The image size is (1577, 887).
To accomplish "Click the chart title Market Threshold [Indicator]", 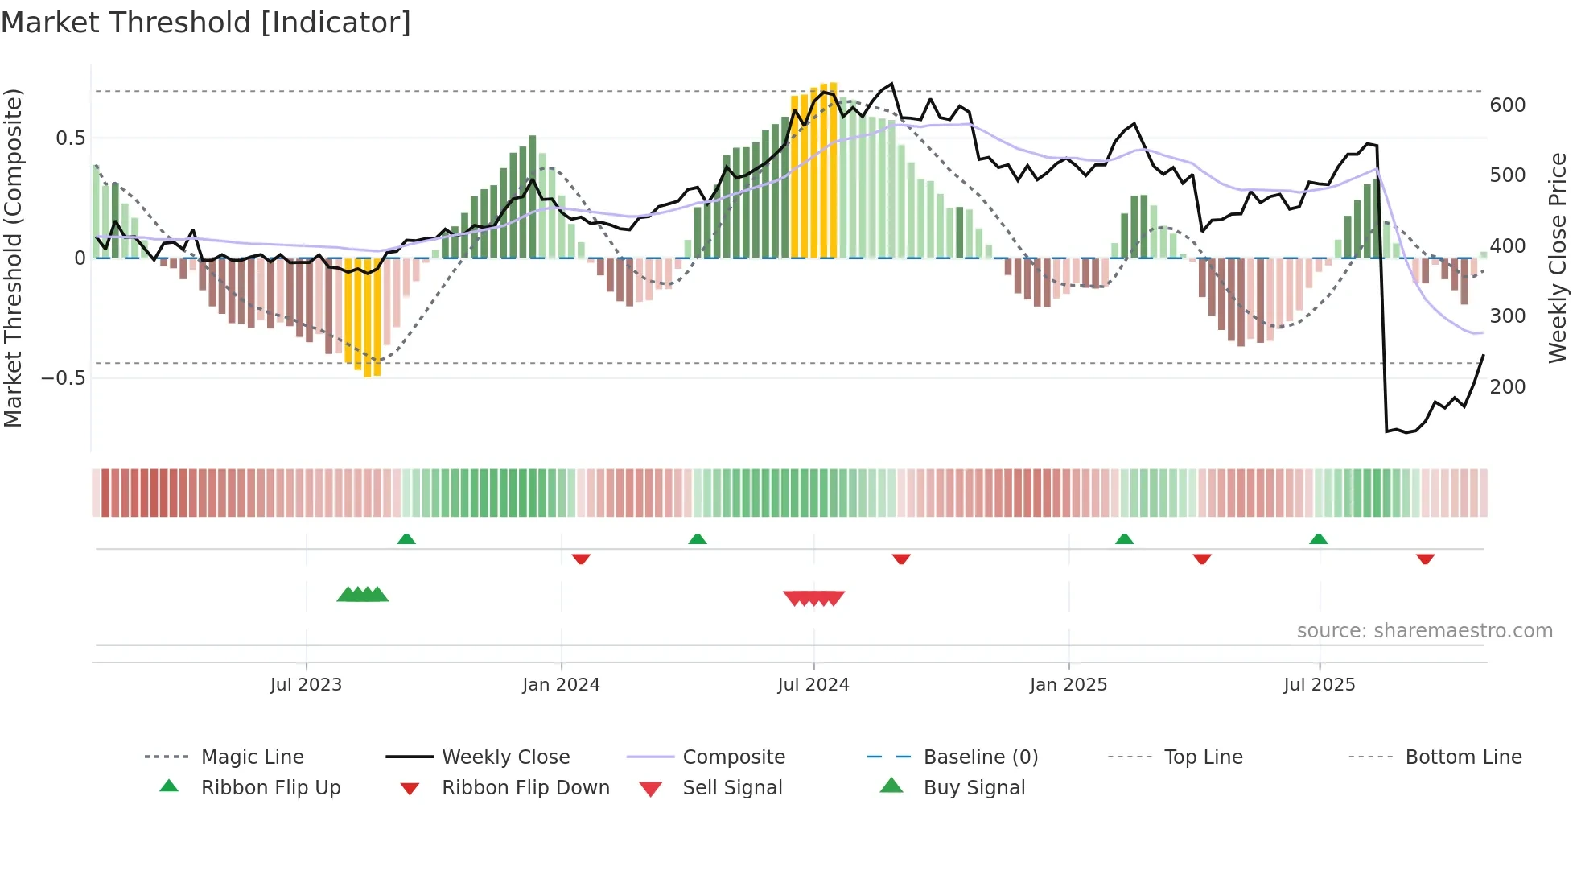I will click(206, 23).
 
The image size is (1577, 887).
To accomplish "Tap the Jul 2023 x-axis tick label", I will click(306, 685).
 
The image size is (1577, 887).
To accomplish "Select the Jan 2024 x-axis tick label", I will click(561, 685).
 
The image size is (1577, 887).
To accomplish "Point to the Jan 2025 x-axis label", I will click(1068, 685).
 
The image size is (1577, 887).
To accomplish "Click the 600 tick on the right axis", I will click(1507, 105).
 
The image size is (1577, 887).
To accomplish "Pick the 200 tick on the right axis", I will click(1507, 387).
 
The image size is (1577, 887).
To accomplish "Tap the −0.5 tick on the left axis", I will click(63, 378).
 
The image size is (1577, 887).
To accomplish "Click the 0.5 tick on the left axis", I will click(70, 138).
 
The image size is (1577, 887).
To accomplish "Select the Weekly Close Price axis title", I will click(1558, 258).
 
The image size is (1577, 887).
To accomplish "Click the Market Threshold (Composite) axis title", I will click(13, 258).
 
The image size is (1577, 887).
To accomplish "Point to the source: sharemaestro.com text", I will click(1424, 631).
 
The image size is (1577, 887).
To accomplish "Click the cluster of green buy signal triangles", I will click(362, 595).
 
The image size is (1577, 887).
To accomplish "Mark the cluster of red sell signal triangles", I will click(813, 599).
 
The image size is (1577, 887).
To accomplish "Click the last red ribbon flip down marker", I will click(1425, 559).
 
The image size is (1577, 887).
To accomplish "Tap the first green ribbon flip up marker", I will click(406, 539).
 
